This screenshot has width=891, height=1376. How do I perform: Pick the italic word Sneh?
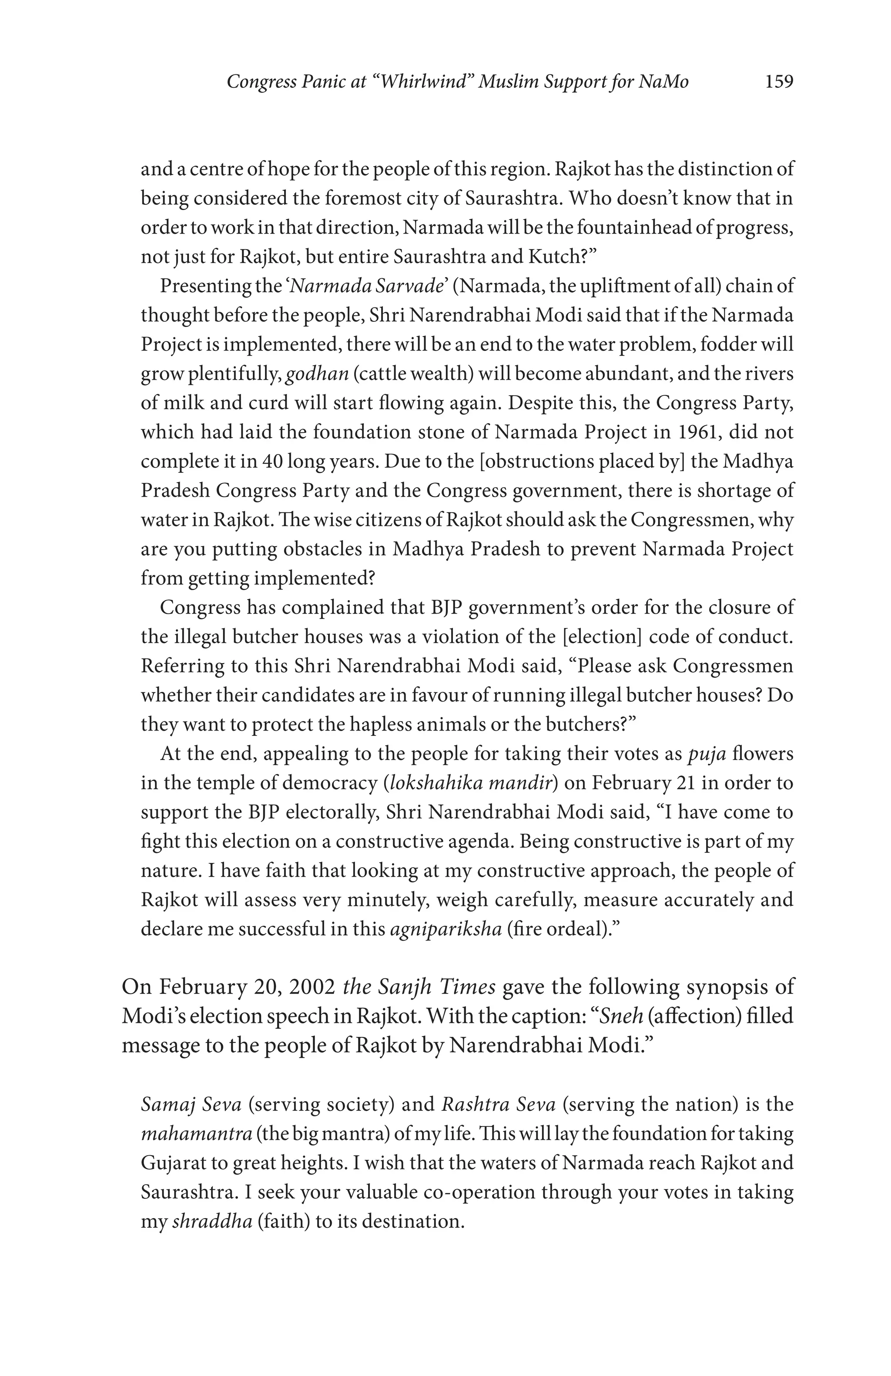tap(622, 1016)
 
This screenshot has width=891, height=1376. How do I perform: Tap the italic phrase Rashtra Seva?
tap(499, 1104)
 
